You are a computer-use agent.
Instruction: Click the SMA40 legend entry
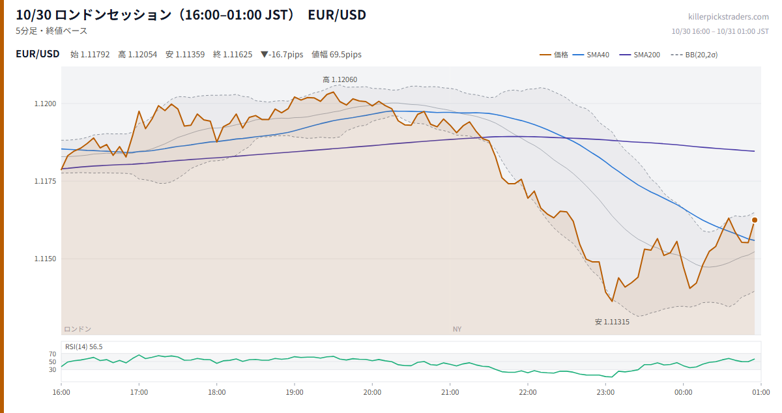click(x=591, y=55)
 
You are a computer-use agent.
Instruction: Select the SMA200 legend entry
click(x=639, y=55)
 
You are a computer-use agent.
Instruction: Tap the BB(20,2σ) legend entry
click(x=695, y=55)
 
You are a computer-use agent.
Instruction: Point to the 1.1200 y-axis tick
click(x=45, y=104)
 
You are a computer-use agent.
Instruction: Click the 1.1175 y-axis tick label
click(x=45, y=181)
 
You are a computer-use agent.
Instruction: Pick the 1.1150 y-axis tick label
click(x=45, y=259)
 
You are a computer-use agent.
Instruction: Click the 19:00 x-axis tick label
click(x=295, y=392)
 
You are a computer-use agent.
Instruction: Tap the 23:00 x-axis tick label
click(x=605, y=392)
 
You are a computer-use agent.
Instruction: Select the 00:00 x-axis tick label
click(x=683, y=392)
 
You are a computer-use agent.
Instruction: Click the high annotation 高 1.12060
click(x=340, y=80)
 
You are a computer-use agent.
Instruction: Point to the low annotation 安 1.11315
click(x=612, y=322)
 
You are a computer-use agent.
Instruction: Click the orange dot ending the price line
click(x=755, y=220)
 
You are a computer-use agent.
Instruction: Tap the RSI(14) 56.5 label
click(x=84, y=347)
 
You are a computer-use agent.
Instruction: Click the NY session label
click(x=457, y=329)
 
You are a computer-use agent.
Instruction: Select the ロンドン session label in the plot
click(x=78, y=329)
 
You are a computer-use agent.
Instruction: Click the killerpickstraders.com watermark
click(x=729, y=17)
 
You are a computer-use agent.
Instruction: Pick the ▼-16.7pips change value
click(x=282, y=55)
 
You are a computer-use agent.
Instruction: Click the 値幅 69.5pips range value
click(x=336, y=55)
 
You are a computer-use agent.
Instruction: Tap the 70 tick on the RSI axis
click(x=52, y=354)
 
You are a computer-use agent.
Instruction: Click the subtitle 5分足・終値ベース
click(x=51, y=31)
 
